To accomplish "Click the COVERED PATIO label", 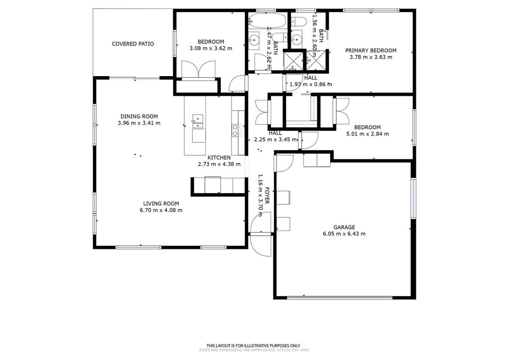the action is tap(133, 44).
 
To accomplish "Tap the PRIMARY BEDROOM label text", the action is tap(371, 51).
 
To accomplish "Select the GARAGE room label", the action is tap(344, 227).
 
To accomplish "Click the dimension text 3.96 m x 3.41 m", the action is tap(139, 123).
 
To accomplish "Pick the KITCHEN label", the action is tap(219, 157).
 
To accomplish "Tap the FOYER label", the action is tap(267, 195).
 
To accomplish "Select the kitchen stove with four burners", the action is tap(238, 130).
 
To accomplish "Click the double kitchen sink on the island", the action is tap(198, 121).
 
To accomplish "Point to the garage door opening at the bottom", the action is tap(340, 297).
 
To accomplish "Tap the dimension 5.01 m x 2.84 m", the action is tap(367, 134).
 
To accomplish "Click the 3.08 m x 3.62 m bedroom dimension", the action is tap(211, 49).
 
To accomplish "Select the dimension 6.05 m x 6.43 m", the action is tap(344, 234).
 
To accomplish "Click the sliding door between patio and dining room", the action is tap(134, 78).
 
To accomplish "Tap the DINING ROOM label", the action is tap(139, 117).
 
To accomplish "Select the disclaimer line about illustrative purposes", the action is tap(253, 346).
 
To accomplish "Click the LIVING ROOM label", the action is tap(161, 204).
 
